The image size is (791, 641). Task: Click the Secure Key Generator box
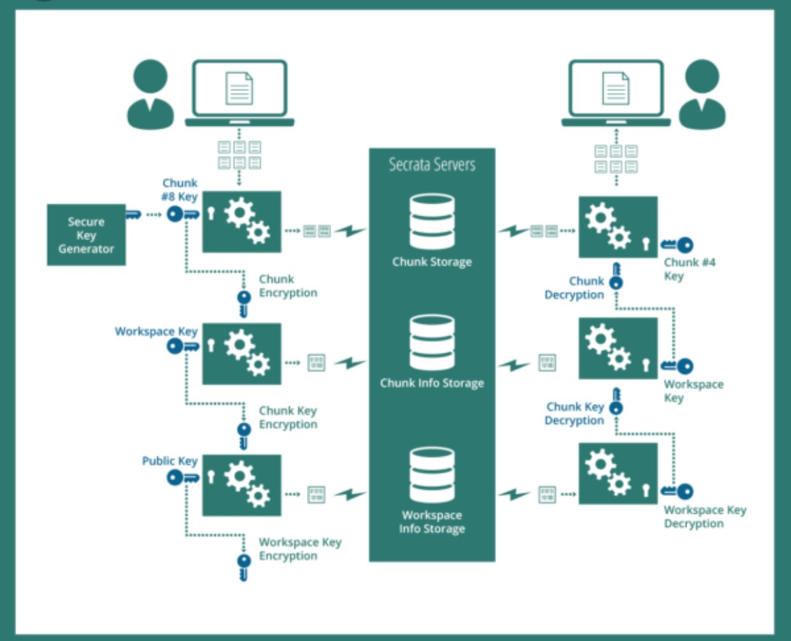pos(86,235)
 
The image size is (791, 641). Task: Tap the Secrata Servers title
pos(432,165)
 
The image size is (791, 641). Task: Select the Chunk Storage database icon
pos(432,221)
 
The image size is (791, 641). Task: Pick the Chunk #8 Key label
pos(180,190)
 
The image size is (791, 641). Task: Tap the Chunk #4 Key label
pos(689,269)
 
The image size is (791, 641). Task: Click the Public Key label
pos(169,461)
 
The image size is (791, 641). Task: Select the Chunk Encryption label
pos(287,286)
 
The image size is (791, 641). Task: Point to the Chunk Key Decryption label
pos(574,414)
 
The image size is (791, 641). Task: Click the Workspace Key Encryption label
pos(299,549)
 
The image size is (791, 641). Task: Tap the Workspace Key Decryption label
pos(704,517)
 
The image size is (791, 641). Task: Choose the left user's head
pos(150,77)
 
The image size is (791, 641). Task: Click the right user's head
pos(702,77)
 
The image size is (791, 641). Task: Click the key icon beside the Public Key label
pos(182,477)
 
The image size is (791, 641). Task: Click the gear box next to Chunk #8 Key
pos(241,222)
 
